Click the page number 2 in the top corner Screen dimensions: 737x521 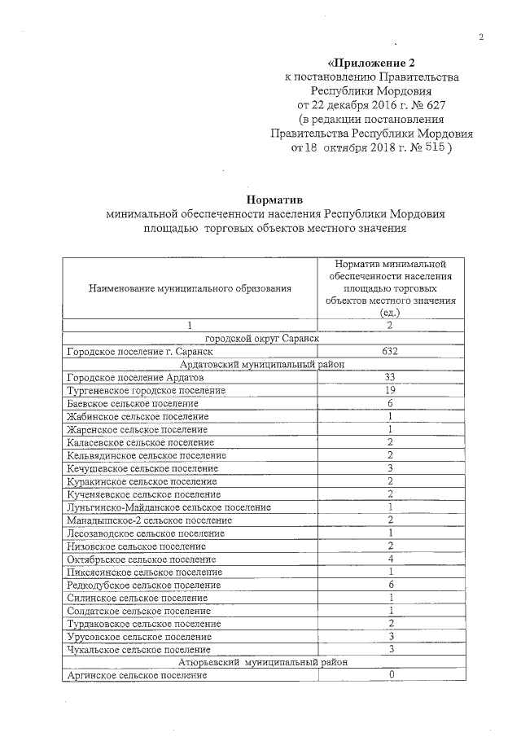pyautogui.click(x=481, y=37)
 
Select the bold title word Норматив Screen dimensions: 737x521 pyautogui.click(x=274, y=198)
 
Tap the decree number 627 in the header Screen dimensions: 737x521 pyautogui.click(x=431, y=105)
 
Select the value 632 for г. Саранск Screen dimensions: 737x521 pyautogui.click(x=391, y=352)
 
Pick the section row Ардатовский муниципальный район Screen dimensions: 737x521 pyautogui.click(x=264, y=365)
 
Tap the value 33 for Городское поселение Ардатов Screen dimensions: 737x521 pyautogui.click(x=391, y=378)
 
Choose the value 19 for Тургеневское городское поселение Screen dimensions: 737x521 pyautogui.click(x=391, y=391)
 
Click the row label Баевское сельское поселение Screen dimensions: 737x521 pyautogui.click(x=134, y=404)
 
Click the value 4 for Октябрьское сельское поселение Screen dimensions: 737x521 pyautogui.click(x=391, y=559)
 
